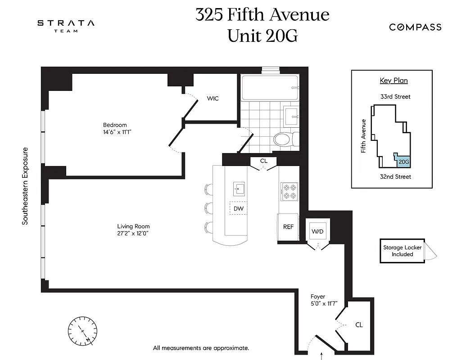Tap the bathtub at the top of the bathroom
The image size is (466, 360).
[x=270, y=88]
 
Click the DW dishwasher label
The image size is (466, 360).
[x=239, y=208]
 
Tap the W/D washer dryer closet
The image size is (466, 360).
[x=317, y=231]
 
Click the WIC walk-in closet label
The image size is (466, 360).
[x=213, y=98]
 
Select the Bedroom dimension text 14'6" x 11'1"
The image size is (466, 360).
[x=117, y=132]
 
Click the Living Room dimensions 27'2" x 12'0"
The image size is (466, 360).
[x=133, y=234]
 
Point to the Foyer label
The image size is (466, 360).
[x=318, y=297]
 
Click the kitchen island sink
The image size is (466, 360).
[x=239, y=189]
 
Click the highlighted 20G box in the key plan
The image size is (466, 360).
[x=403, y=162]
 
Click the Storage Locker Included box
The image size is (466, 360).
[x=402, y=251]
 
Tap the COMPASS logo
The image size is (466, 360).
[x=415, y=27]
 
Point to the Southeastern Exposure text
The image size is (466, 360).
[x=25, y=186]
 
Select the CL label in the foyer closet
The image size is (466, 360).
[x=359, y=324]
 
